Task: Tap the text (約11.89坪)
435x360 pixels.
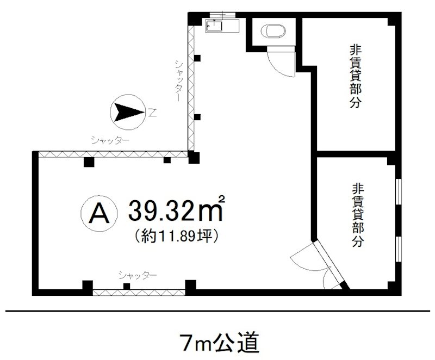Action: click(175, 238)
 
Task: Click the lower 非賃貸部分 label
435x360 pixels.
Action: click(356, 215)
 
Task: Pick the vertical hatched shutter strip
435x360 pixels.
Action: click(191, 87)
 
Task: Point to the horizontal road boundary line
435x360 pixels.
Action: click(217, 312)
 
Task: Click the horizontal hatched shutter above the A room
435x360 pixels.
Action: click(111, 154)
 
